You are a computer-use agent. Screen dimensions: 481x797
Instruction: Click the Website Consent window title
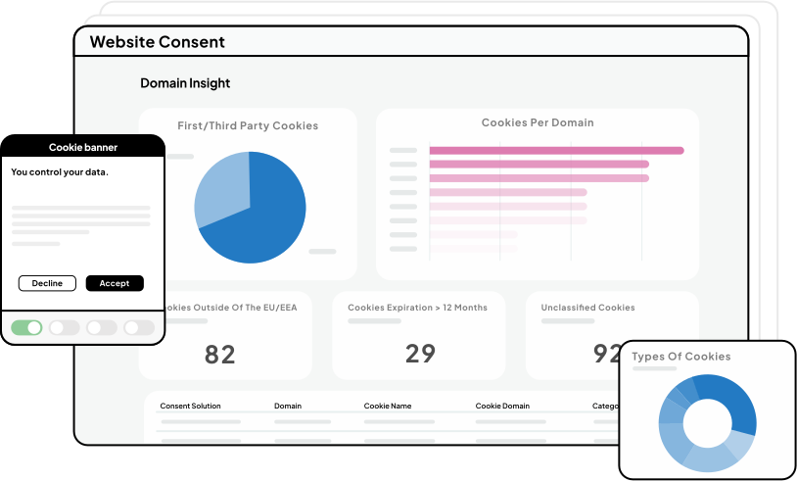pyautogui.click(x=157, y=42)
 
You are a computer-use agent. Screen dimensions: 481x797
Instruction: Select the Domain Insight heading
pyautogui.click(x=185, y=83)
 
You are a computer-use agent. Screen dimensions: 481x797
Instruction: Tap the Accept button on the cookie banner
pyautogui.click(x=115, y=283)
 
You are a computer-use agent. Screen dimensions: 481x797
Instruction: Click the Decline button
pyautogui.click(x=47, y=283)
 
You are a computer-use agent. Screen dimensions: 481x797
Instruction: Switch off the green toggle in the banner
pyautogui.click(x=26, y=327)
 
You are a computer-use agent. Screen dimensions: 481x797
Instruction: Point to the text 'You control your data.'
pyautogui.click(x=60, y=172)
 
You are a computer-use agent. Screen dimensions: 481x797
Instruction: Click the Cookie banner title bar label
pyautogui.click(x=83, y=148)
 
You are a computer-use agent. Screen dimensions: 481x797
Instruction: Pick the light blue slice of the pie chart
pyautogui.click(x=221, y=190)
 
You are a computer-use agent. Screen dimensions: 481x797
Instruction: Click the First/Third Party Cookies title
pyautogui.click(x=248, y=125)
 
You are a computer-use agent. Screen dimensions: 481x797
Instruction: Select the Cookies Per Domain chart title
pyautogui.click(x=538, y=123)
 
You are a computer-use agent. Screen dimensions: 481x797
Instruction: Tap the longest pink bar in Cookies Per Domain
pyautogui.click(x=556, y=150)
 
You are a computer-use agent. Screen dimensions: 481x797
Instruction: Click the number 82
pyautogui.click(x=220, y=354)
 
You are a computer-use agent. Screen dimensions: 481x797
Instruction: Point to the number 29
pyautogui.click(x=420, y=354)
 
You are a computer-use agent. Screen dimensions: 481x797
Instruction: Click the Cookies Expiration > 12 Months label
pyautogui.click(x=417, y=308)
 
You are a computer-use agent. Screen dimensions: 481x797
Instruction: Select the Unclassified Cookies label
pyautogui.click(x=587, y=308)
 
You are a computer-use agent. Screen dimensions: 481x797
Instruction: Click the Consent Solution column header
pyautogui.click(x=190, y=406)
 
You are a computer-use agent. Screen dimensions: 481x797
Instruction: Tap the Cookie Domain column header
pyautogui.click(x=502, y=406)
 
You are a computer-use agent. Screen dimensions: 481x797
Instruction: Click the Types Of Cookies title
pyautogui.click(x=680, y=357)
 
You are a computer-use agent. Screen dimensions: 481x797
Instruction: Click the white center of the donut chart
pyautogui.click(x=707, y=422)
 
